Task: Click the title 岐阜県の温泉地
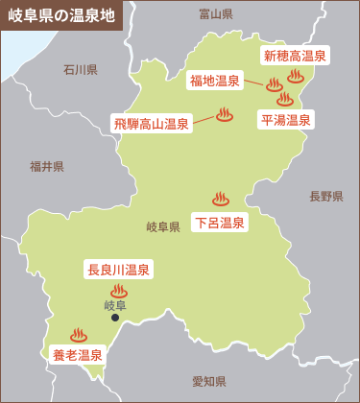[60, 16]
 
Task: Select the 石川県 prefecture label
[81, 69]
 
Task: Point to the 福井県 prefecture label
[46, 166]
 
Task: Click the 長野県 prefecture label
[325, 196]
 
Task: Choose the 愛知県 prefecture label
[208, 381]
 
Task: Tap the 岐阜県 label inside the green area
[163, 227]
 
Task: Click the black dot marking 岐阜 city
[115, 317]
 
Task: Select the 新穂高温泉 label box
[295, 57]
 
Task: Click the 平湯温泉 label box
[286, 120]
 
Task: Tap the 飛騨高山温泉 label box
[151, 123]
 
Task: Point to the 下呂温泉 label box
[220, 223]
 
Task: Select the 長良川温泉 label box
[119, 270]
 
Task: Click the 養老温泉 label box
[77, 355]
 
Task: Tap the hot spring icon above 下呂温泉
[221, 200]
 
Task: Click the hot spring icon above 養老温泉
[78, 335]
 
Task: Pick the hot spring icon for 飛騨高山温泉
[225, 114]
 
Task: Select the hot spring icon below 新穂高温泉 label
[295, 76]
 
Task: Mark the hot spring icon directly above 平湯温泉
[284, 98]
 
